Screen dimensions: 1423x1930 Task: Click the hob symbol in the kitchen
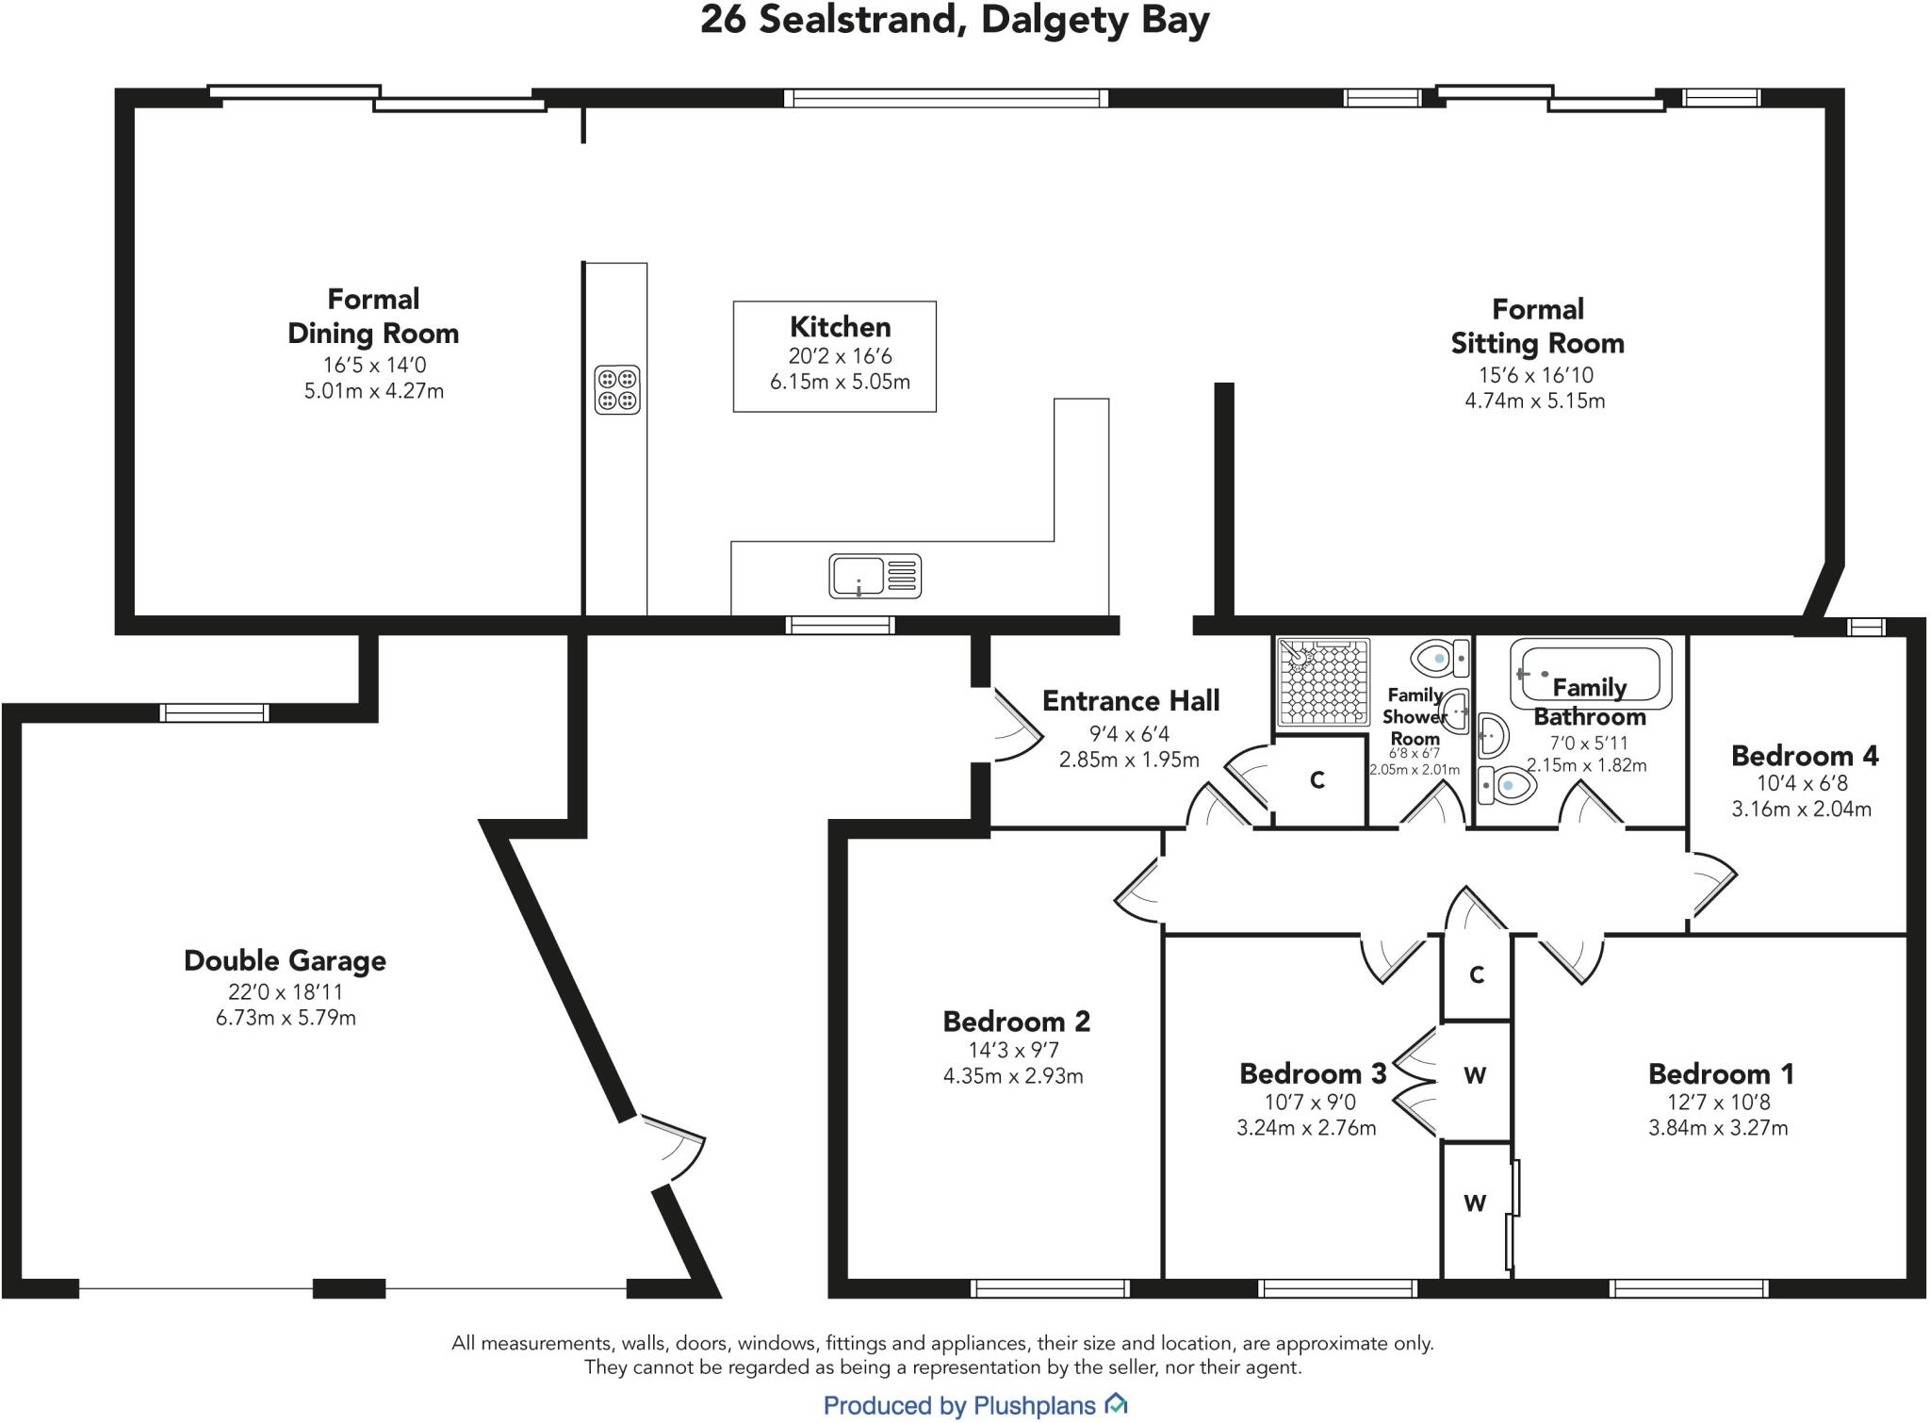617,390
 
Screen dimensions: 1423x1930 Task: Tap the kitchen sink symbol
875,576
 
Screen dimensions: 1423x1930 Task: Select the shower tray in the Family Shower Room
1322,681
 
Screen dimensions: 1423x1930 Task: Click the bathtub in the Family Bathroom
1591,675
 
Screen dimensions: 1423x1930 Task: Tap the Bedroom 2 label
1016,1021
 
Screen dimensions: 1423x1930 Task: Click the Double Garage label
285,960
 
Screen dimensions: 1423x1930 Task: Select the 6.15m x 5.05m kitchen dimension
840,382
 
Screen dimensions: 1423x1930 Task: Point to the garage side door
674,1145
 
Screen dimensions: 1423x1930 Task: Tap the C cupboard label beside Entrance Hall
1317,780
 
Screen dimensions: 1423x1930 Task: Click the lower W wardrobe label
1475,1202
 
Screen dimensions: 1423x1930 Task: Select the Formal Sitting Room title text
1537,326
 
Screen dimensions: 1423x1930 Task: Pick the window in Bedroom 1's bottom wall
1689,1287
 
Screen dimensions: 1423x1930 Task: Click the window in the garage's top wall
215,712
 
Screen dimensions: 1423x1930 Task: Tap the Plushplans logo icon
1116,1405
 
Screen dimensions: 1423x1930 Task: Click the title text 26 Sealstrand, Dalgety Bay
954,20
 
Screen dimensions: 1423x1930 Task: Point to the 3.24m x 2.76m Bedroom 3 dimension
1306,1127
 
